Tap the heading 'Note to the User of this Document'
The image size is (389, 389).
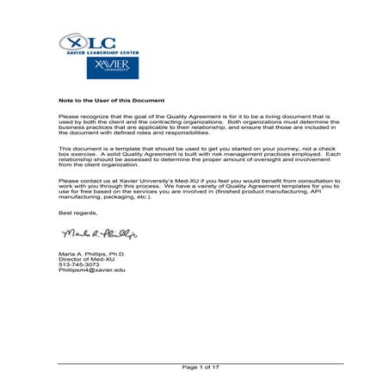point(111,101)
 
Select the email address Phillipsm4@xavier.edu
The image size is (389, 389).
point(91,270)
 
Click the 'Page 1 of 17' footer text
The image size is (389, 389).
point(200,367)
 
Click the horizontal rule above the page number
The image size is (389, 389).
point(200,362)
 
